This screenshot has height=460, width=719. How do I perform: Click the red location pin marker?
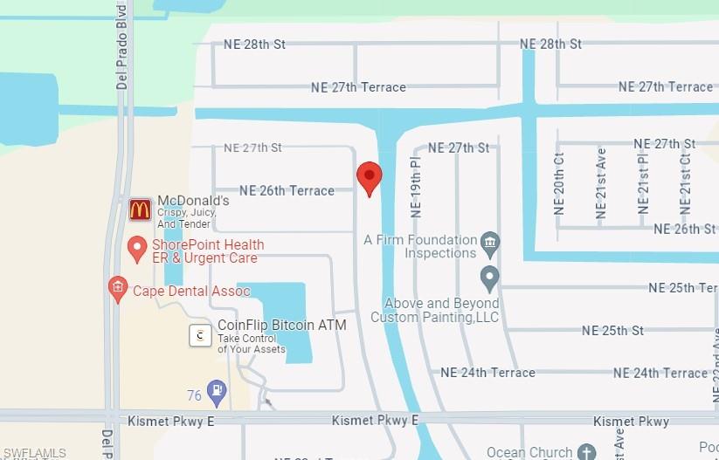[370, 178]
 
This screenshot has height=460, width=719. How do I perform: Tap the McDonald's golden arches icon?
[140, 209]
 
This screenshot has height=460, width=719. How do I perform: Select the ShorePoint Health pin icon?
[137, 250]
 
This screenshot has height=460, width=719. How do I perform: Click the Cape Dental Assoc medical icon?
[117, 289]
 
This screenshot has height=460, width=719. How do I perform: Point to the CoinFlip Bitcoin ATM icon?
[201, 334]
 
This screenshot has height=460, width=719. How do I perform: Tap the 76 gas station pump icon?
[217, 392]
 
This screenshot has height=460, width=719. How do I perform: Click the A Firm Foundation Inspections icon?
[490, 240]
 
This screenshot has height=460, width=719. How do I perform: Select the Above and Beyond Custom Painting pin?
[490, 278]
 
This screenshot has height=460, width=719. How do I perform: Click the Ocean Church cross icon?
[586, 452]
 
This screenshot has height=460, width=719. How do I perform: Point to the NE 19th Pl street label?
[416, 188]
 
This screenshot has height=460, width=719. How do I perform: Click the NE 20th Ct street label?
[559, 183]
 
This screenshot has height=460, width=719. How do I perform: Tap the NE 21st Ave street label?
[601, 183]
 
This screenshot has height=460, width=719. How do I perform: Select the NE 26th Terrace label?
[287, 190]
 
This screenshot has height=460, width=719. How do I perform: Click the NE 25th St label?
[612, 331]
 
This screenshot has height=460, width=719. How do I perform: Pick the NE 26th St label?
[684, 229]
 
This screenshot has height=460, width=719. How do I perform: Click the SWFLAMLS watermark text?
[34, 453]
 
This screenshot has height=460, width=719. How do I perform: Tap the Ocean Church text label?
[529, 452]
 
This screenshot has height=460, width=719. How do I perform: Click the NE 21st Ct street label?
[686, 183]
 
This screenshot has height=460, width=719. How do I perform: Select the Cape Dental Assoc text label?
[191, 291]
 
